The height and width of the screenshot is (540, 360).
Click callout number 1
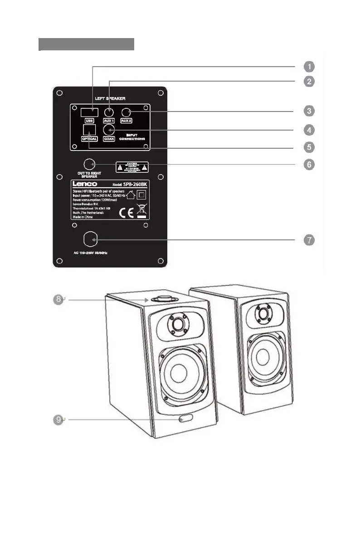pos(308,66)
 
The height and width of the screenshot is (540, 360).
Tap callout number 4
pos(308,130)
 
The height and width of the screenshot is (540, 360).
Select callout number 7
pos(308,240)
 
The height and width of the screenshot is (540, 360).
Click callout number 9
pos(56,420)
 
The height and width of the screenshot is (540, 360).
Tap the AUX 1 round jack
pos(109,112)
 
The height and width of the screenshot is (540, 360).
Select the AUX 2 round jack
pos(126,112)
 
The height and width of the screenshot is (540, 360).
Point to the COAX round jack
pos(109,130)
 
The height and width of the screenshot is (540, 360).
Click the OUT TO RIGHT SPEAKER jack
pos(90,164)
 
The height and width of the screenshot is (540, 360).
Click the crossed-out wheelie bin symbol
pos(141,211)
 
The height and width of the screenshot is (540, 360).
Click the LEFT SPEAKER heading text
pos(110,98)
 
